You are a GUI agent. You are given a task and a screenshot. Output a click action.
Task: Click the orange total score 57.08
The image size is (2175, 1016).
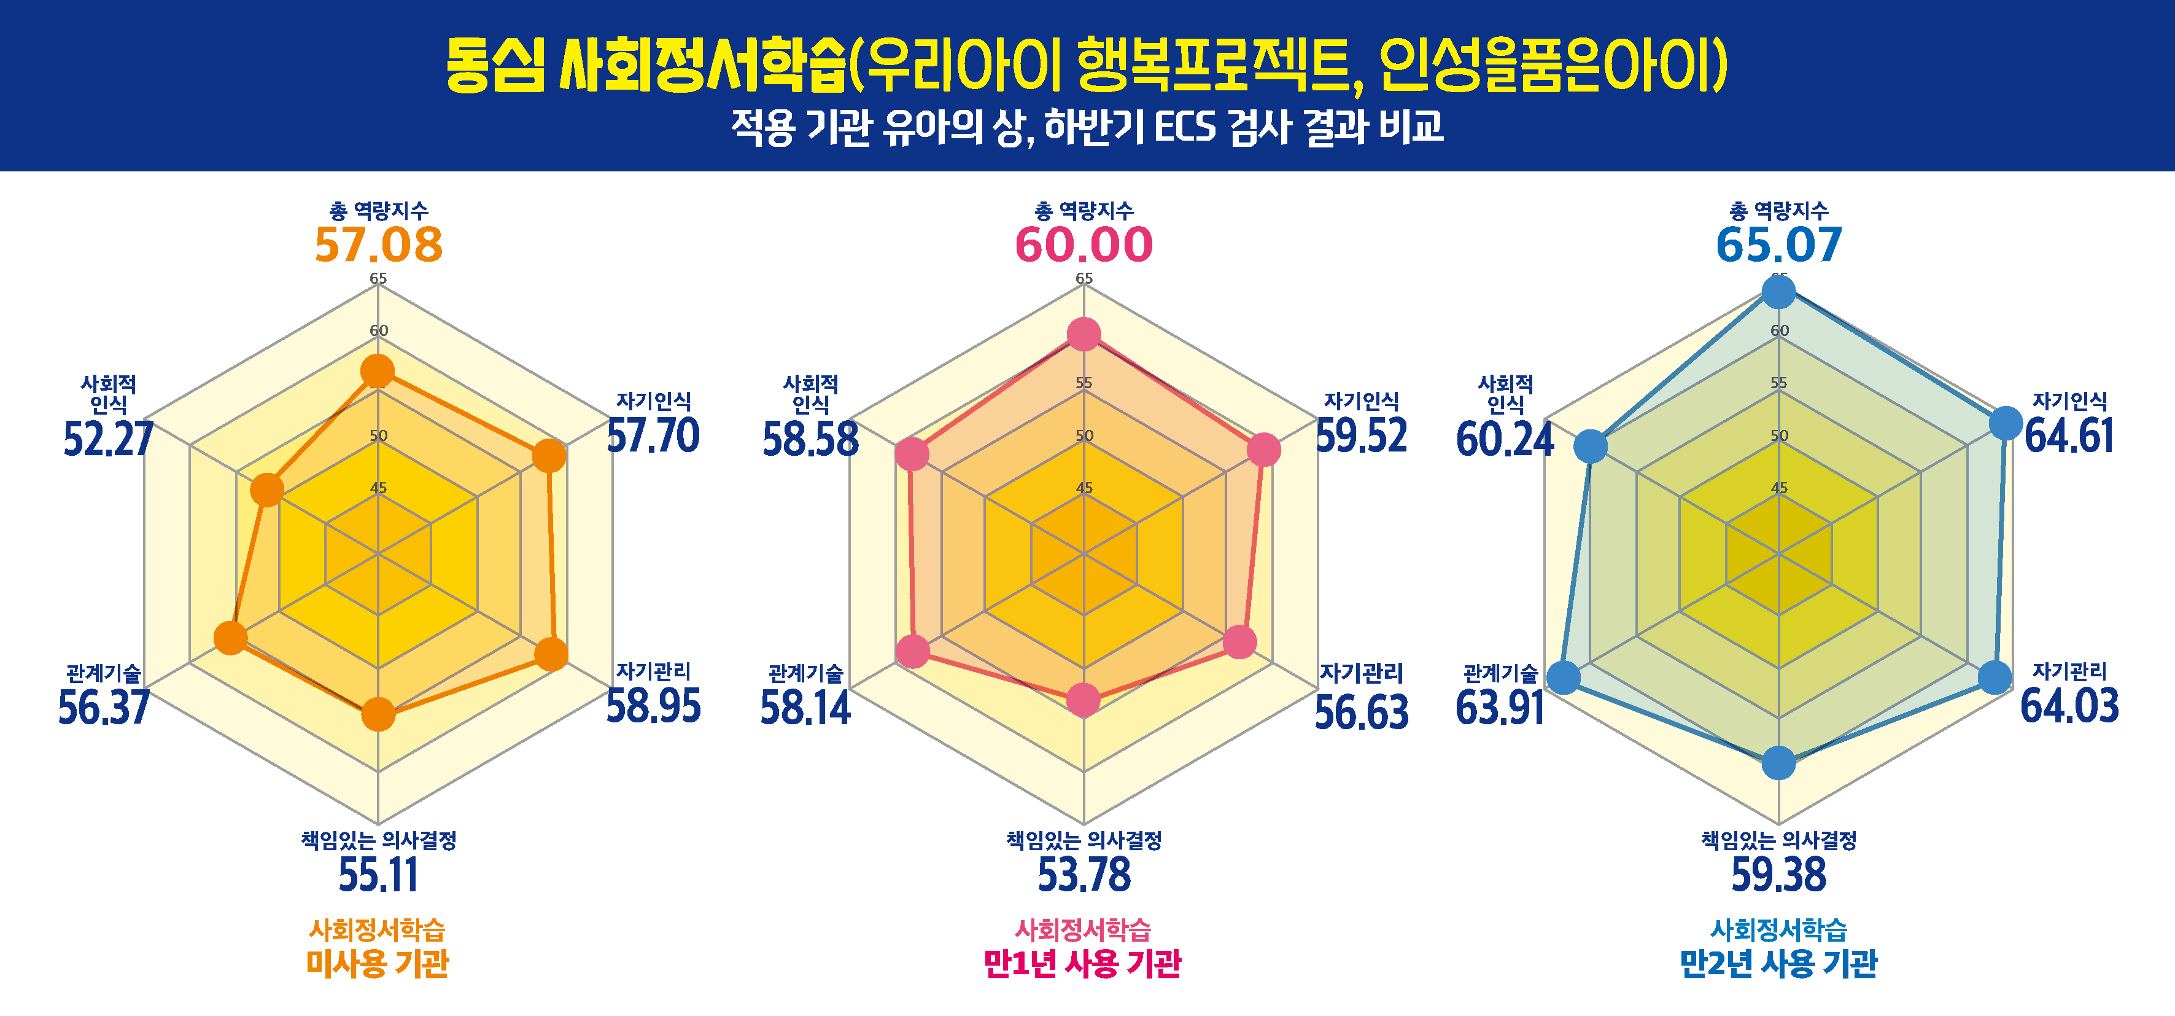point(378,245)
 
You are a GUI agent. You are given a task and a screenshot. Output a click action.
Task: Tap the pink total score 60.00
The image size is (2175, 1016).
point(1084,245)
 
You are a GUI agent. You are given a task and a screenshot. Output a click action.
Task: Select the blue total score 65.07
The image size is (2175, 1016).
point(1779,245)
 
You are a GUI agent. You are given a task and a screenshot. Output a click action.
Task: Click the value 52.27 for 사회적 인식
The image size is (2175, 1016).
point(108,439)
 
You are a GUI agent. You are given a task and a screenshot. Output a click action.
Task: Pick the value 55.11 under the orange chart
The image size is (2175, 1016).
point(378,875)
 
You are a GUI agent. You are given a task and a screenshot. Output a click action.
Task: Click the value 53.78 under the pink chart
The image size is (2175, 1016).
point(1084,875)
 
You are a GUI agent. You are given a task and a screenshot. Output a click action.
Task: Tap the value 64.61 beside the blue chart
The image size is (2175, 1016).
point(2069,437)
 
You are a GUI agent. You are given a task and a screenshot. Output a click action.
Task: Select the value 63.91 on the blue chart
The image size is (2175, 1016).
point(1500,708)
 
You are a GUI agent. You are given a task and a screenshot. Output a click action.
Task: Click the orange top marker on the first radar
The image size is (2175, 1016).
point(378,371)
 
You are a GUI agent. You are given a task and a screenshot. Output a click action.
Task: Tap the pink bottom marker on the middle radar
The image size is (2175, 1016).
point(1084,699)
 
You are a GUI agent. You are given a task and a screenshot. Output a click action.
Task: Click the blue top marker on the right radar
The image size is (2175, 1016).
point(1779,293)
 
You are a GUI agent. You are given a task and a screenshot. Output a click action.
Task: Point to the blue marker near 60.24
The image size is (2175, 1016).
point(1591,446)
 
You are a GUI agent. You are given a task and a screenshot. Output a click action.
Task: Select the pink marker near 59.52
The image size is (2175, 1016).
point(1263,449)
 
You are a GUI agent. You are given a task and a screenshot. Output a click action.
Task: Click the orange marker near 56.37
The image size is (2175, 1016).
point(230,638)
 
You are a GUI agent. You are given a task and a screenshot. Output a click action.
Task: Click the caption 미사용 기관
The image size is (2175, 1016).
point(378,963)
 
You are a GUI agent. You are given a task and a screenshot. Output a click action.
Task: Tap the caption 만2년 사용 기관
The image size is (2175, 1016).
point(1778,963)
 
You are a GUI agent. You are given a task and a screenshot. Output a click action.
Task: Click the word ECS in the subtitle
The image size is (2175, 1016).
point(1185,128)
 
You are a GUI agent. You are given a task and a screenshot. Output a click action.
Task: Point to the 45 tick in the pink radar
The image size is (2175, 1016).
point(1084,488)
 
